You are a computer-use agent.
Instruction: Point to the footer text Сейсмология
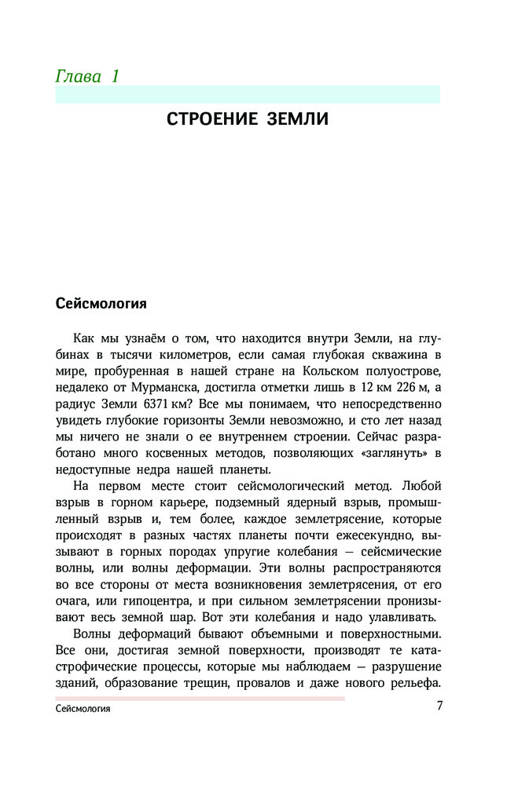click(x=83, y=709)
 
